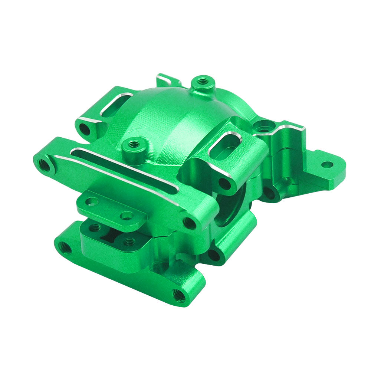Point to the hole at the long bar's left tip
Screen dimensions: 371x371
[x=44, y=165]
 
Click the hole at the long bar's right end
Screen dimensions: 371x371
[x=190, y=223]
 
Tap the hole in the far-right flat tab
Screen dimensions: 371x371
[x=326, y=164]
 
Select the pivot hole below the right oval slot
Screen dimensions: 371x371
[x=224, y=184]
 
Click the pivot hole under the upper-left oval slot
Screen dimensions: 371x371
[x=85, y=129]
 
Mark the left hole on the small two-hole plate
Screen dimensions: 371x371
[x=92, y=201]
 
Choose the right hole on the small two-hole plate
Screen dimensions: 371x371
[x=127, y=215]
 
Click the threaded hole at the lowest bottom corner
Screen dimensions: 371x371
[x=179, y=295]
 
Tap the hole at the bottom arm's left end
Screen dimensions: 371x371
[x=64, y=247]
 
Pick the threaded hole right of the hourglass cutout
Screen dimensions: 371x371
[x=129, y=242]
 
